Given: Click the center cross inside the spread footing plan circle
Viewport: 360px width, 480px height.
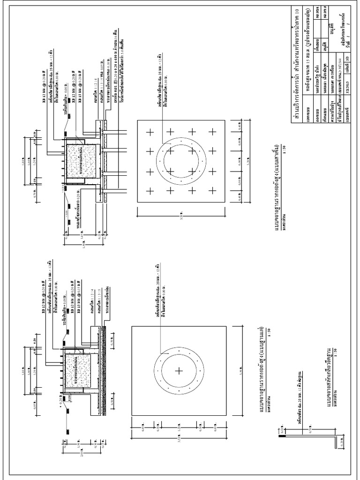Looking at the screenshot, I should coord(179,370).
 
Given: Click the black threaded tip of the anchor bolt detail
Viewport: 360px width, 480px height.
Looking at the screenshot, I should coord(281,435).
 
